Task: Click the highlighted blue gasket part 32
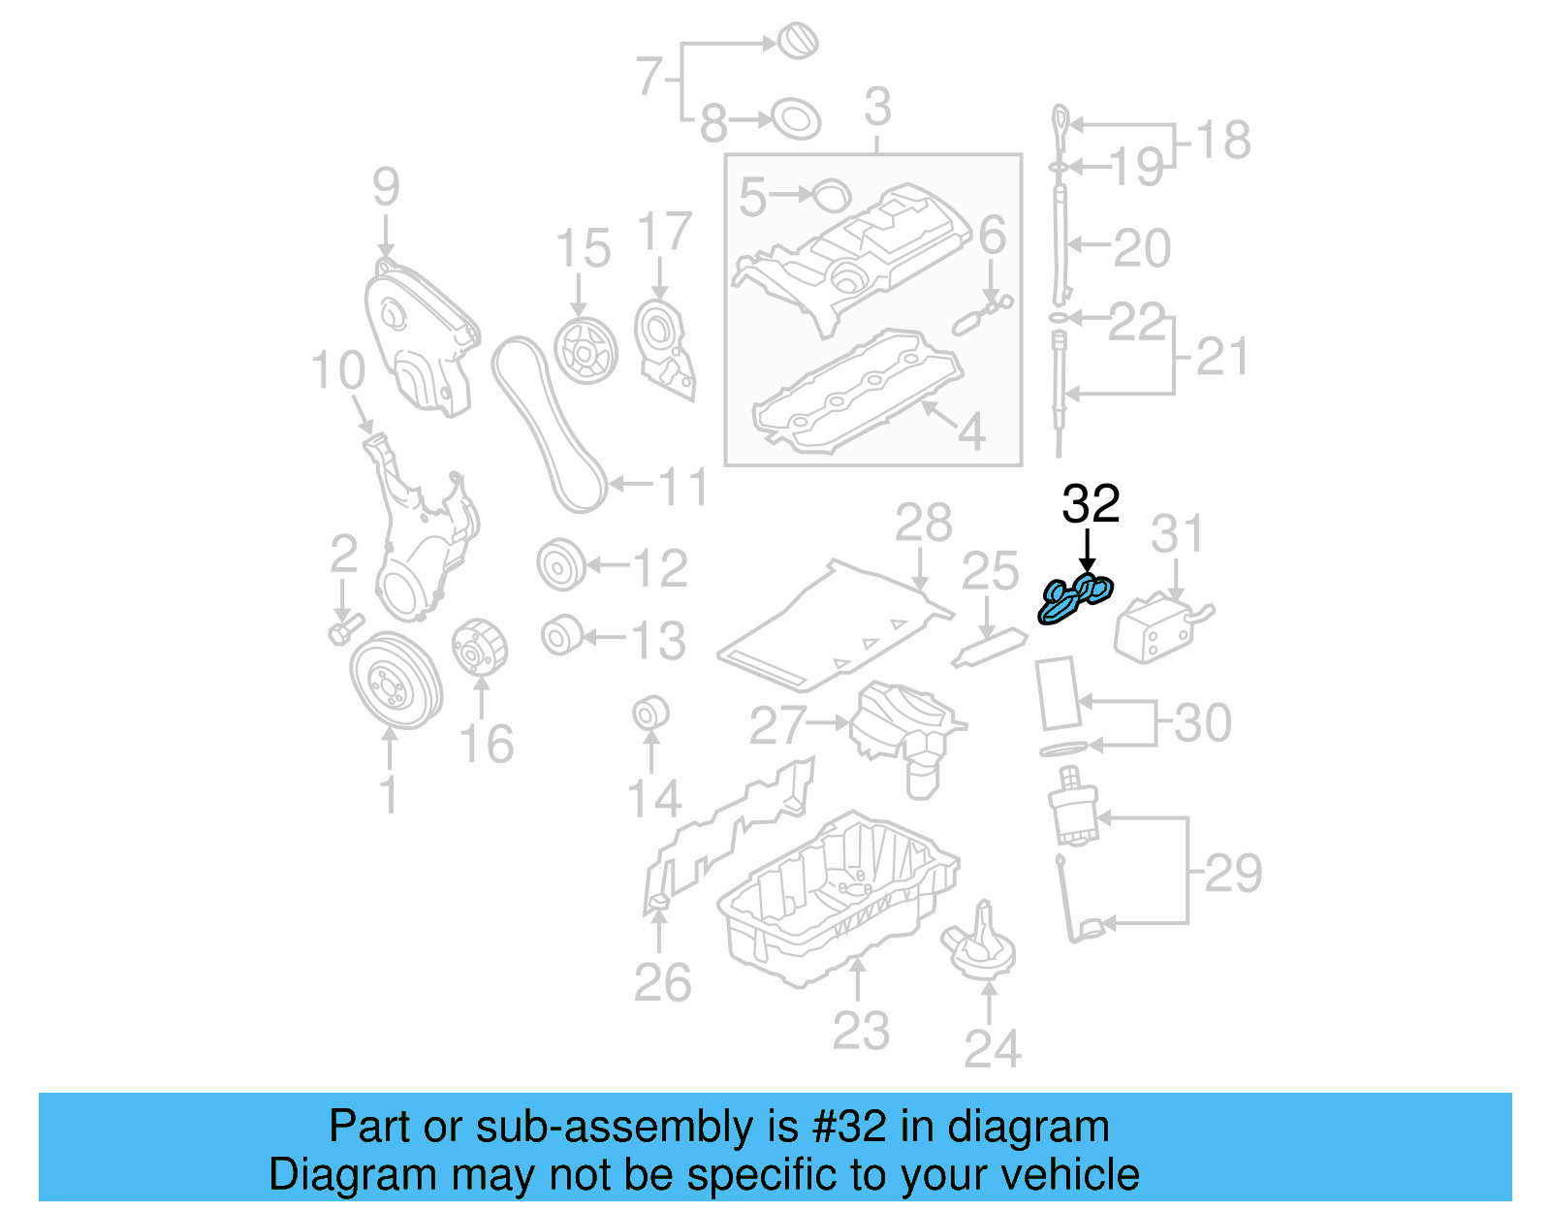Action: (x=1075, y=598)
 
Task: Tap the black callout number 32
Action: (x=1091, y=504)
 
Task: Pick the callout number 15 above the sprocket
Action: (x=583, y=248)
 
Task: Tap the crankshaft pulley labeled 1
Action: (x=395, y=680)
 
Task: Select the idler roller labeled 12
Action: (x=561, y=566)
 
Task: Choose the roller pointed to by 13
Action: (x=560, y=636)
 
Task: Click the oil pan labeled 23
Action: (x=839, y=902)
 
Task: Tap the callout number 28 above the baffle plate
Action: (x=923, y=524)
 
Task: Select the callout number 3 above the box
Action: (x=876, y=107)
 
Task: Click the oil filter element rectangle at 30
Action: (x=1058, y=692)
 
